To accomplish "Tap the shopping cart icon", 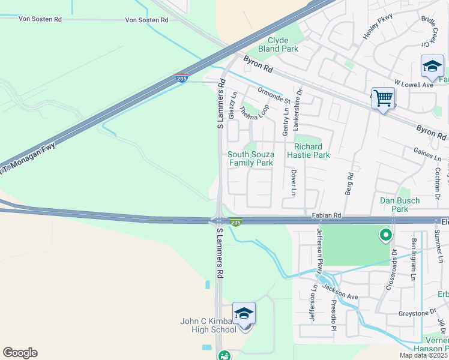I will (383, 97).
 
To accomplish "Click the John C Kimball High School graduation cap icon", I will (244, 314).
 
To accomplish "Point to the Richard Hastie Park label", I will (312, 151).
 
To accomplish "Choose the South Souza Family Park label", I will (250, 158).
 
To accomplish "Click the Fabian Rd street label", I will (327, 215).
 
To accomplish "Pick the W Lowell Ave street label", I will (413, 85).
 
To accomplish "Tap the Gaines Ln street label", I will (427, 154).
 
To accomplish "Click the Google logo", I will (20, 353).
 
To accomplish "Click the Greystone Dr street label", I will (417, 313).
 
